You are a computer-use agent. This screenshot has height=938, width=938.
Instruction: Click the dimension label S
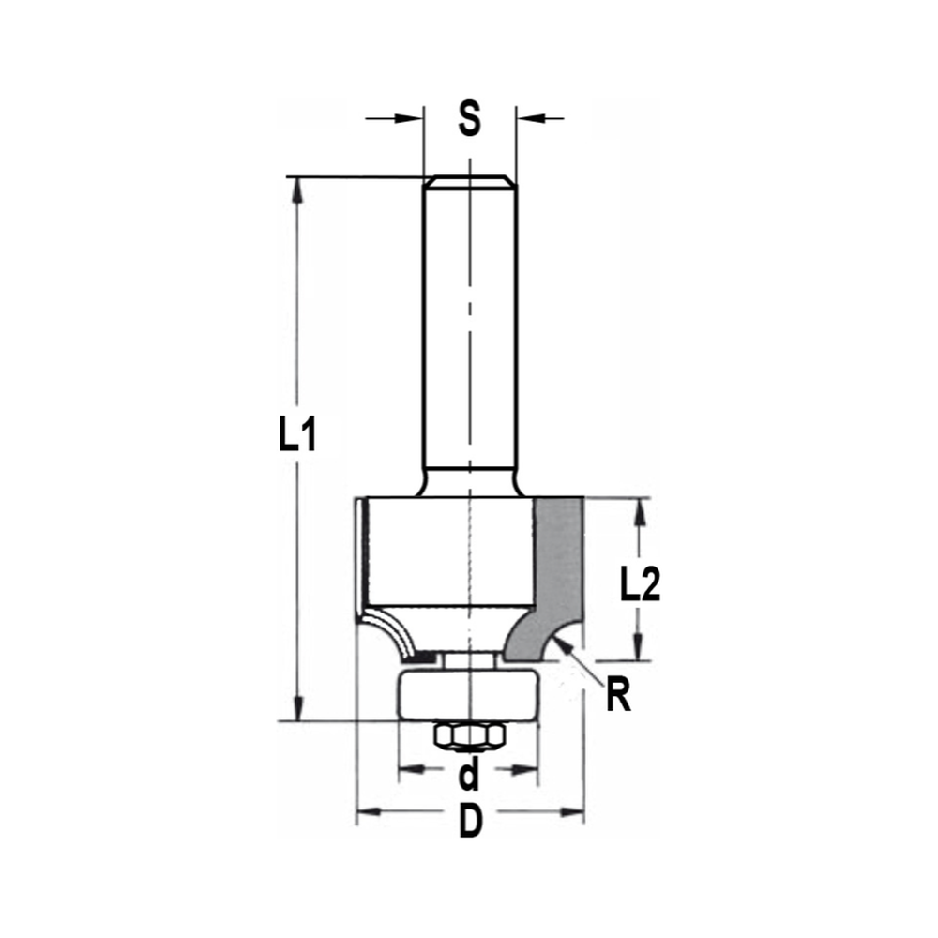[x=469, y=119]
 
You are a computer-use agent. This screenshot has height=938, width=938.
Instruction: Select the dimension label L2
[x=641, y=585]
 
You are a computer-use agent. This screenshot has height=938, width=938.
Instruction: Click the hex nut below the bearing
[x=469, y=736]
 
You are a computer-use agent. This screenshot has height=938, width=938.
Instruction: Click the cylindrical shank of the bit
[x=469, y=328]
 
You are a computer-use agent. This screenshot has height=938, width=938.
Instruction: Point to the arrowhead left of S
[x=409, y=118]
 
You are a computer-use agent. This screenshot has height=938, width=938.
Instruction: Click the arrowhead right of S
[x=530, y=118]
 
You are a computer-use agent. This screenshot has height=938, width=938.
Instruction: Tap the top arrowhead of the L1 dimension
[x=298, y=189]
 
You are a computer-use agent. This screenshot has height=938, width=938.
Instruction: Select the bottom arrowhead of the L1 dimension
[x=298, y=708]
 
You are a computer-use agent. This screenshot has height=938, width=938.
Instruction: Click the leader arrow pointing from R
[x=562, y=644]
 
